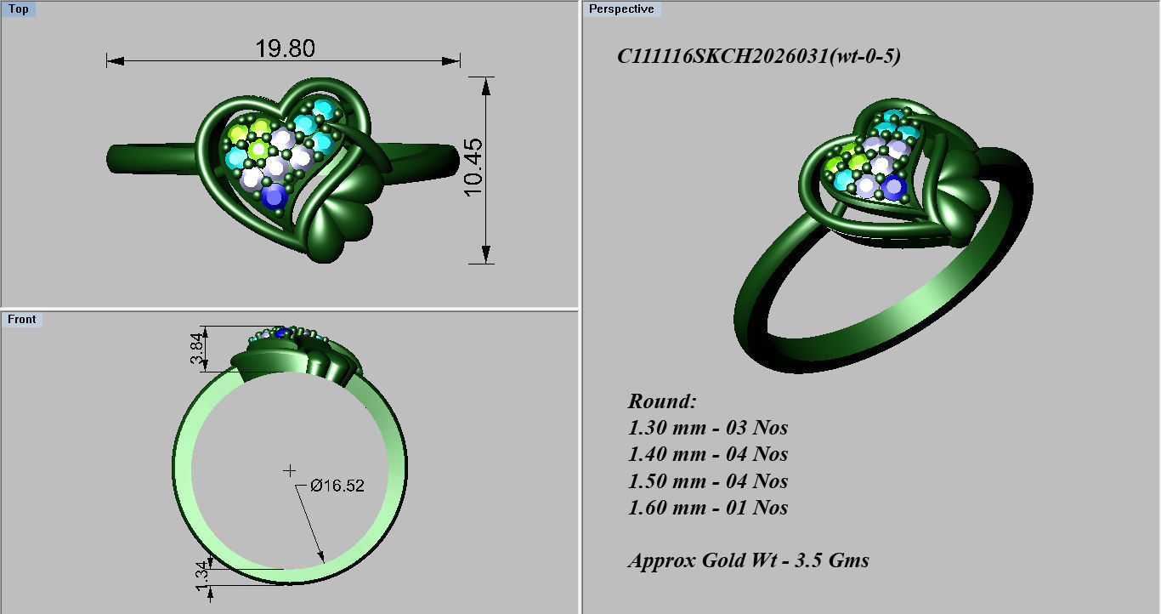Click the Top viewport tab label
click(18, 9)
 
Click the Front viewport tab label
click(21, 319)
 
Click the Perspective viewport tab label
click(621, 9)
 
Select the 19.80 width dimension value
click(285, 48)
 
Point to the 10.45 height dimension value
click(473, 168)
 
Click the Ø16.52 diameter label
click(337, 486)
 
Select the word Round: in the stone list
click(662, 401)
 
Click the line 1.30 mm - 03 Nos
click(707, 428)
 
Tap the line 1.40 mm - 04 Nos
click(707, 454)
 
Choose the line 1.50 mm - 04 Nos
click(707, 481)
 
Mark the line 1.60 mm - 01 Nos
click(707, 508)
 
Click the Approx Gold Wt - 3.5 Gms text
click(748, 560)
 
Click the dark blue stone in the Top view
click(274, 196)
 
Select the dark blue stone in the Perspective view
click(892, 186)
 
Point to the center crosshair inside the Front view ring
click(290, 470)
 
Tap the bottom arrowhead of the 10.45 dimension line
click(486, 255)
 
